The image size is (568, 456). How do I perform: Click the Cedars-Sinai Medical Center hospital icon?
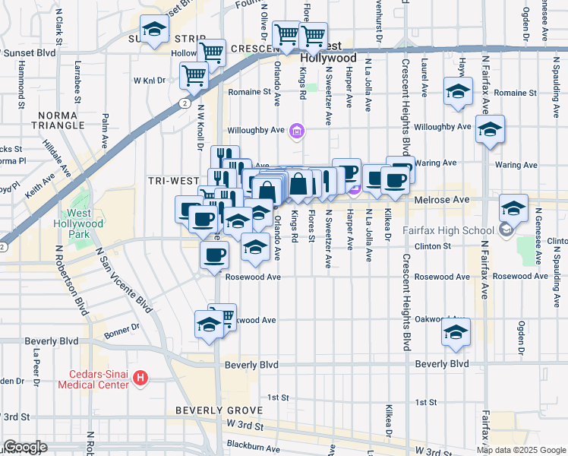[x=140, y=377]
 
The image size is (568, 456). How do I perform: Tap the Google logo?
[x=24, y=447]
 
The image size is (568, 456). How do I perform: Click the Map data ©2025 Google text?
[x=521, y=449]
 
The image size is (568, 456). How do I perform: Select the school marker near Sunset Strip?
[x=155, y=30]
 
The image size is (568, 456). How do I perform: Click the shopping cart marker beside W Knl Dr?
[x=194, y=75]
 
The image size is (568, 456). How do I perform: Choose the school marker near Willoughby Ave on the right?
[x=491, y=129]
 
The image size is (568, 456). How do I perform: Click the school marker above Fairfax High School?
[x=514, y=207]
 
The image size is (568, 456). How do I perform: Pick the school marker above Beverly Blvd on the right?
[x=456, y=332]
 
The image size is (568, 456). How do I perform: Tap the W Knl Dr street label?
[x=150, y=80]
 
